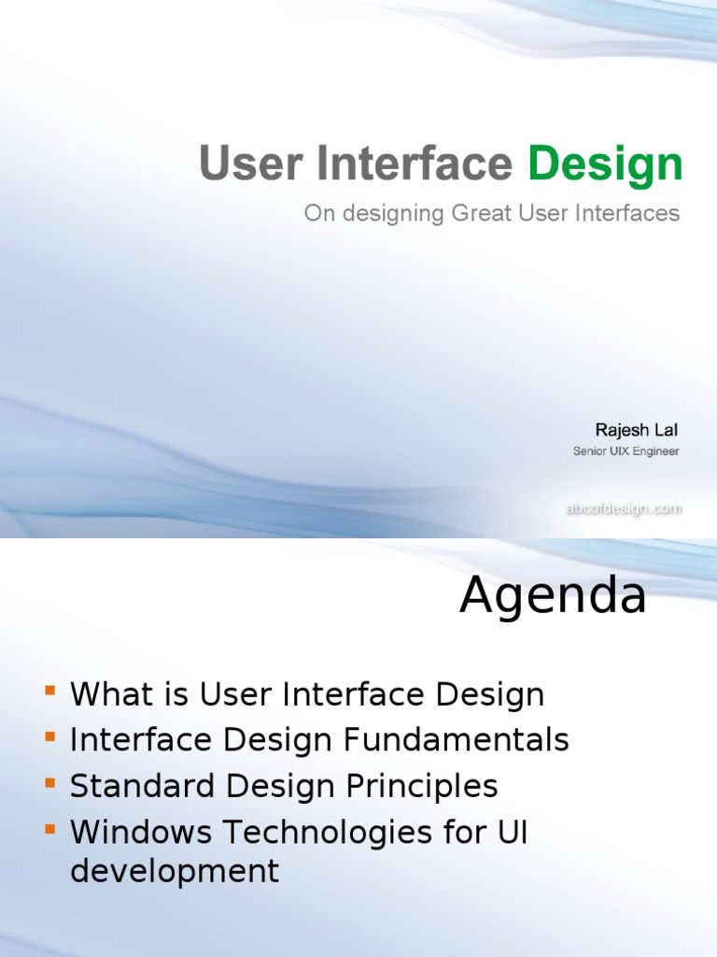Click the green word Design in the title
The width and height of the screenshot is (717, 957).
(x=605, y=164)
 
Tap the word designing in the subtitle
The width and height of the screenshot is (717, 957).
(x=389, y=215)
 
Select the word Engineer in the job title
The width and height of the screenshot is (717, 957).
(x=655, y=451)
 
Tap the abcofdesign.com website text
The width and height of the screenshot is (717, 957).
(x=623, y=509)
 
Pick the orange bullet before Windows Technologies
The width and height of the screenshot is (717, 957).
(x=49, y=828)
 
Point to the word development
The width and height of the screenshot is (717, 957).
(x=175, y=871)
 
